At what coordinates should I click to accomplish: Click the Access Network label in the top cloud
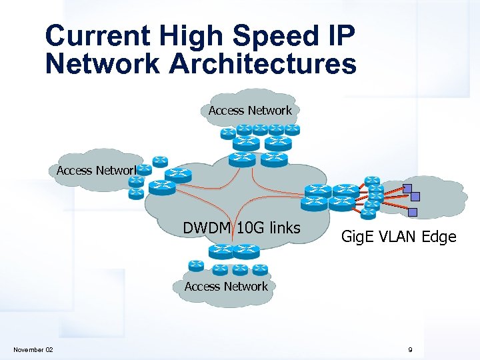tap(250, 111)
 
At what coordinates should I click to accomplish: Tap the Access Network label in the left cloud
tap(97, 171)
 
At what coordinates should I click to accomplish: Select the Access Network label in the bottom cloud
tap(226, 287)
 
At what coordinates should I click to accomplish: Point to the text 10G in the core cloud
tap(250, 228)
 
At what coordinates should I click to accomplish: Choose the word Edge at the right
tap(441, 237)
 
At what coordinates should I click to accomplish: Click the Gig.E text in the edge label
tap(359, 237)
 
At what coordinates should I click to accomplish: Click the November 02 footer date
tap(34, 350)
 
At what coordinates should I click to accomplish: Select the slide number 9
tap(411, 350)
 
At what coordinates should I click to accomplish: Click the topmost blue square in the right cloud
tap(407, 187)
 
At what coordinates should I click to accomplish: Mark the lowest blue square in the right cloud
tap(413, 213)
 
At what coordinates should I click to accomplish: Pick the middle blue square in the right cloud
tap(415, 197)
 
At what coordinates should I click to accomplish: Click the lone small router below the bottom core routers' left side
tap(196, 265)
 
